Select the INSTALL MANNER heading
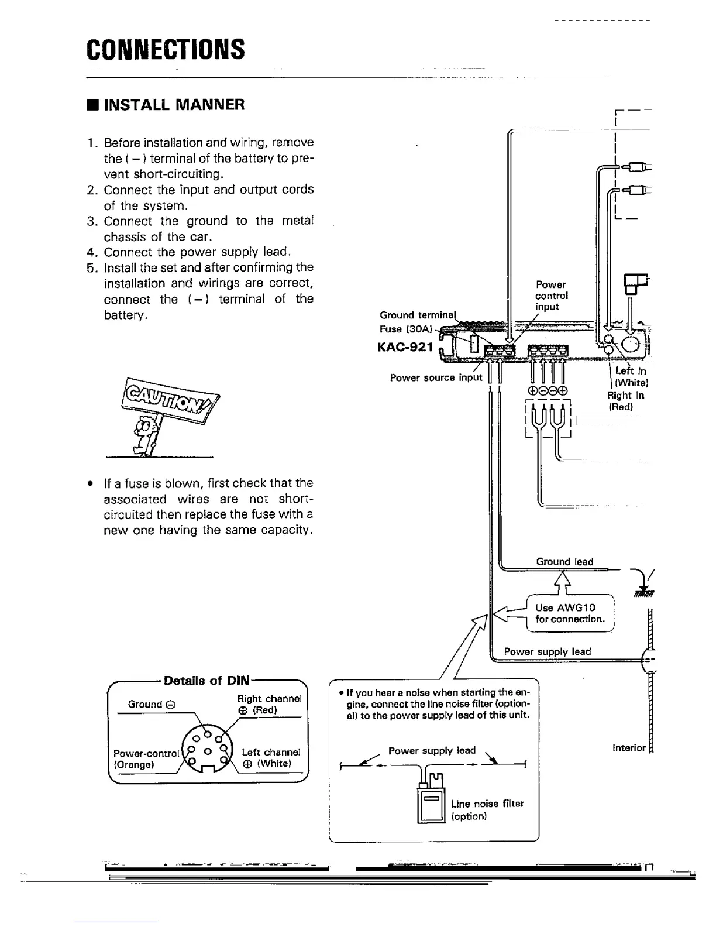pyautogui.click(x=166, y=105)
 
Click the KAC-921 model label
pyautogui.click(x=405, y=348)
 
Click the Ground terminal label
pyautogui.click(x=416, y=315)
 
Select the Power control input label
pyautogui.click(x=551, y=296)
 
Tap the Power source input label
pyautogui.click(x=436, y=377)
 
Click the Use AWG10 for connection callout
pyautogui.click(x=570, y=613)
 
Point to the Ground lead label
pyautogui.click(x=564, y=562)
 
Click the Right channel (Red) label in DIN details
pyautogui.click(x=269, y=704)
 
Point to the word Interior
pyautogui.click(x=629, y=748)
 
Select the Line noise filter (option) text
pyautogui.click(x=487, y=809)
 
